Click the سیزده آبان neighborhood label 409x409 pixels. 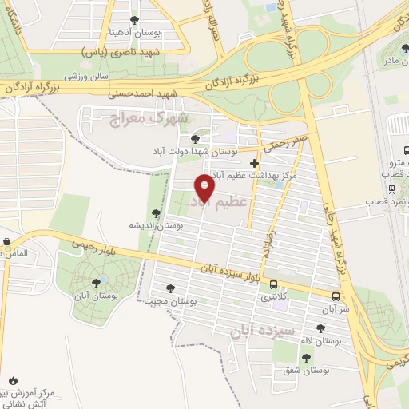264,328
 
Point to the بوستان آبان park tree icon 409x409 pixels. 97,281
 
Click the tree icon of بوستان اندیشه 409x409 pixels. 156,213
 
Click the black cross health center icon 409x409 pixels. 254,164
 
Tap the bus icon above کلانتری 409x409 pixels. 274,284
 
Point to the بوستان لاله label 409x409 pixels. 321,341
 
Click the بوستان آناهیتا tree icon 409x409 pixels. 133,20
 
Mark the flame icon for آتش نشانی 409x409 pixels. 13,380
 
